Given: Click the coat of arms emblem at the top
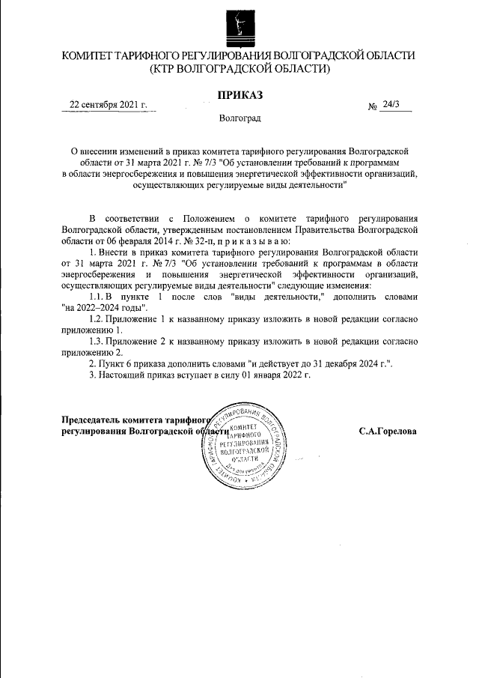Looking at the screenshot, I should click(239, 26).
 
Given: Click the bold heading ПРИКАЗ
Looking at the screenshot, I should click(239, 95).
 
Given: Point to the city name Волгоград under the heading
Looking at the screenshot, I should click(239, 119).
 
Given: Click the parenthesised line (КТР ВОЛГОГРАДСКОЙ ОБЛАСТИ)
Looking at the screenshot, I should click(239, 69).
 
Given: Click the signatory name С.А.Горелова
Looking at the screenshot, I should click(388, 432).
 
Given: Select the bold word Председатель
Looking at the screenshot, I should click(89, 420).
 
